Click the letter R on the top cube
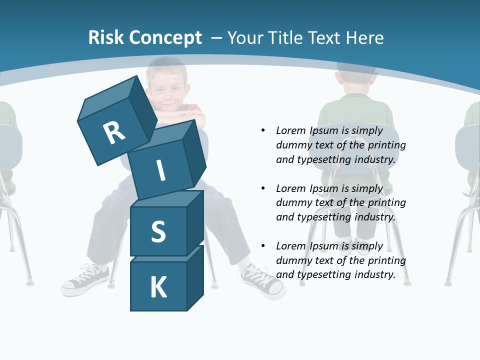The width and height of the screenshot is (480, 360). (x=114, y=132)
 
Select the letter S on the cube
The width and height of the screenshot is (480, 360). (x=158, y=231)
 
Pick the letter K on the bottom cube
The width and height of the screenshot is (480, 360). (x=158, y=287)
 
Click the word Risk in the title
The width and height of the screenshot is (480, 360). (x=106, y=38)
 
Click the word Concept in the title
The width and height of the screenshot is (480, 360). (x=165, y=38)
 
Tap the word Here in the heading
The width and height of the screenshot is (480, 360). (x=364, y=38)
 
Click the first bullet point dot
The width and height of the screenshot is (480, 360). (x=263, y=130)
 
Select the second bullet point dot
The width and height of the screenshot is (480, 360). (x=263, y=188)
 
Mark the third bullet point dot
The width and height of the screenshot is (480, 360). (x=263, y=246)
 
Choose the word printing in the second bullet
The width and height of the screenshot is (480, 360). (x=386, y=202)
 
